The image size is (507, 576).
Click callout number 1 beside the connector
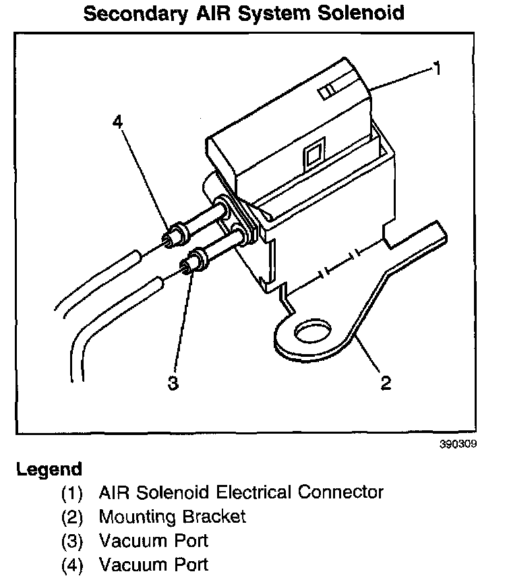point(437,68)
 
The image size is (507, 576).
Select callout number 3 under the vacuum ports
point(173,382)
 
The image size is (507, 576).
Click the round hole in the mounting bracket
point(314,333)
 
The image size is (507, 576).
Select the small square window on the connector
point(312,157)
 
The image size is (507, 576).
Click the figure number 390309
point(460,446)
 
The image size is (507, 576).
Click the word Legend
point(49,469)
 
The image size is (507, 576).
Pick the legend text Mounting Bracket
point(172,517)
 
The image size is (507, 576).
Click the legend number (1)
point(71,493)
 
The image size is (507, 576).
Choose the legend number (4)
point(71,565)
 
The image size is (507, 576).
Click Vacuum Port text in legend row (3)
point(153,540)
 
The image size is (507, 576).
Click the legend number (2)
point(71,517)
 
